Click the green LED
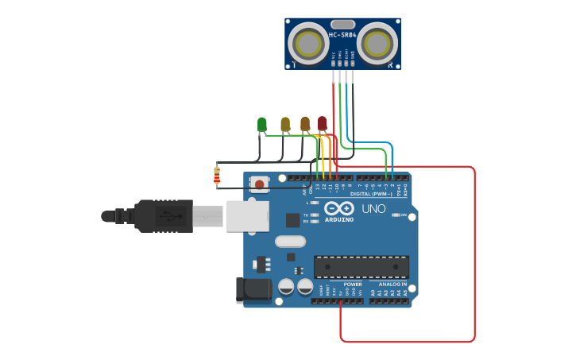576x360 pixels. [x=261, y=124]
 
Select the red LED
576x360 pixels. [x=322, y=123]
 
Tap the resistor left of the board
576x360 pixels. [x=217, y=176]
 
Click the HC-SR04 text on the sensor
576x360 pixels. [x=342, y=35]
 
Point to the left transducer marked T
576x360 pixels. [x=307, y=43]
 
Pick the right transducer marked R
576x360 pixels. [x=377, y=43]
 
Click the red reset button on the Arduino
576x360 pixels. [x=259, y=184]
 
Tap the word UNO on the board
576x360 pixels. [x=373, y=209]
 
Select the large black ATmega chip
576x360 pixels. [x=361, y=267]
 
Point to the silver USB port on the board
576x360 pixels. [x=247, y=215]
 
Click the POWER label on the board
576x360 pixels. [x=353, y=284]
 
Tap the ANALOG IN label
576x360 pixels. [x=392, y=284]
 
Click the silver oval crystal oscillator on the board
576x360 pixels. [x=290, y=242]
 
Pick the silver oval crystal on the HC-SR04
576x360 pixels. [x=342, y=25]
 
